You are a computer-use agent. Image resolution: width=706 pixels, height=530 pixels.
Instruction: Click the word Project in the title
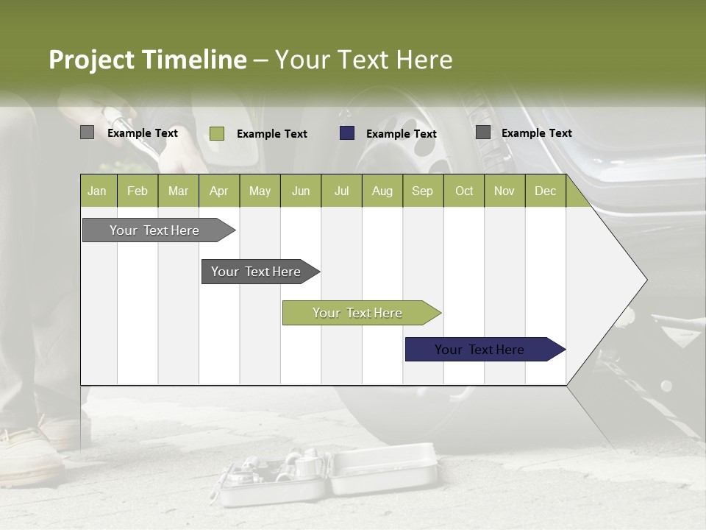92,60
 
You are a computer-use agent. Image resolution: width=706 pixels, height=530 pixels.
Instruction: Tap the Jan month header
97,191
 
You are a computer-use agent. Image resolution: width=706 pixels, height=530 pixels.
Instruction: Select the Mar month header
178,191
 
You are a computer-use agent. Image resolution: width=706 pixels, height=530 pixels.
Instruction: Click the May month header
260,191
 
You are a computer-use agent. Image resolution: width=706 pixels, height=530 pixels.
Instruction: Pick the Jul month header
341,191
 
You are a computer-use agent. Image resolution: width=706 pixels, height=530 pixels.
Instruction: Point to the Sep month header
422,191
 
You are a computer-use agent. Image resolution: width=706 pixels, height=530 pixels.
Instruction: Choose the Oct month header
464,191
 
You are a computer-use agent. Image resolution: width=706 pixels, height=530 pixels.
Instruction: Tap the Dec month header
545,191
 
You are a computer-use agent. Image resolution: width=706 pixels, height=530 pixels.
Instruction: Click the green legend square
217,133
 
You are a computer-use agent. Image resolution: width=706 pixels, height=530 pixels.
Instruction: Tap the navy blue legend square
347,133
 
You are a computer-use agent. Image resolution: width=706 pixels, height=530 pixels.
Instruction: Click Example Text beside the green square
272,134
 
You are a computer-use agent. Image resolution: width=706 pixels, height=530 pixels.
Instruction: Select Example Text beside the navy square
402,134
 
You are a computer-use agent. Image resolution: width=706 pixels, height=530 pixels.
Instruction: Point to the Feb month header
138,191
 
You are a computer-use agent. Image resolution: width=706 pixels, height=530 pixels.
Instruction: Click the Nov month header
504,191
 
